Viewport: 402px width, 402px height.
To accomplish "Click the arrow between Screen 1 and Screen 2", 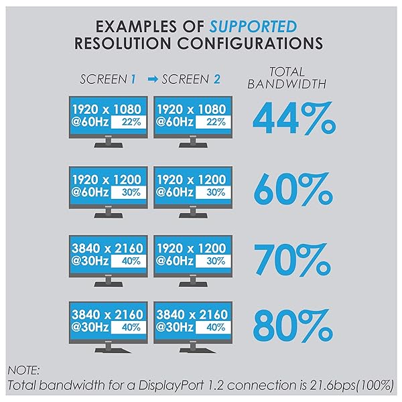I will [151, 79].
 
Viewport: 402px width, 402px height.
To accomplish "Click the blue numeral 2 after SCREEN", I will [216, 79].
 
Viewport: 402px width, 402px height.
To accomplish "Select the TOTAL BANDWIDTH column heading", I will [287, 78].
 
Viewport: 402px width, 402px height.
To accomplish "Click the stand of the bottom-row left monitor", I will [107, 353].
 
